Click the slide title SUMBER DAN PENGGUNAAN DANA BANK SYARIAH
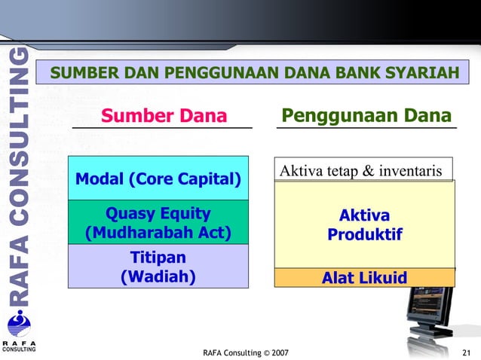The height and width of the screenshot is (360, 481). (254, 73)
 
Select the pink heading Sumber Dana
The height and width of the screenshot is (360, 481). (164, 116)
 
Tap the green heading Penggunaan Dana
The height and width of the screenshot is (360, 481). (366, 116)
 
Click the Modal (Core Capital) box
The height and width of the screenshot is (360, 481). (158, 179)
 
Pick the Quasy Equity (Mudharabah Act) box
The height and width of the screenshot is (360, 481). (158, 223)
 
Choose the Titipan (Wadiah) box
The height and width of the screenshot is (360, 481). (158, 267)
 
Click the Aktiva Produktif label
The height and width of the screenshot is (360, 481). (364, 226)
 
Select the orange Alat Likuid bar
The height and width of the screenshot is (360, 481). (364, 278)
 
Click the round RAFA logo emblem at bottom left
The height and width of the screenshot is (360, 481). (19, 325)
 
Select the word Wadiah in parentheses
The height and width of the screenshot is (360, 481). (158, 276)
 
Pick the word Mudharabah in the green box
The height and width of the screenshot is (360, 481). (145, 233)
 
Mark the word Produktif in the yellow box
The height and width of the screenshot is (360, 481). (364, 236)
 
